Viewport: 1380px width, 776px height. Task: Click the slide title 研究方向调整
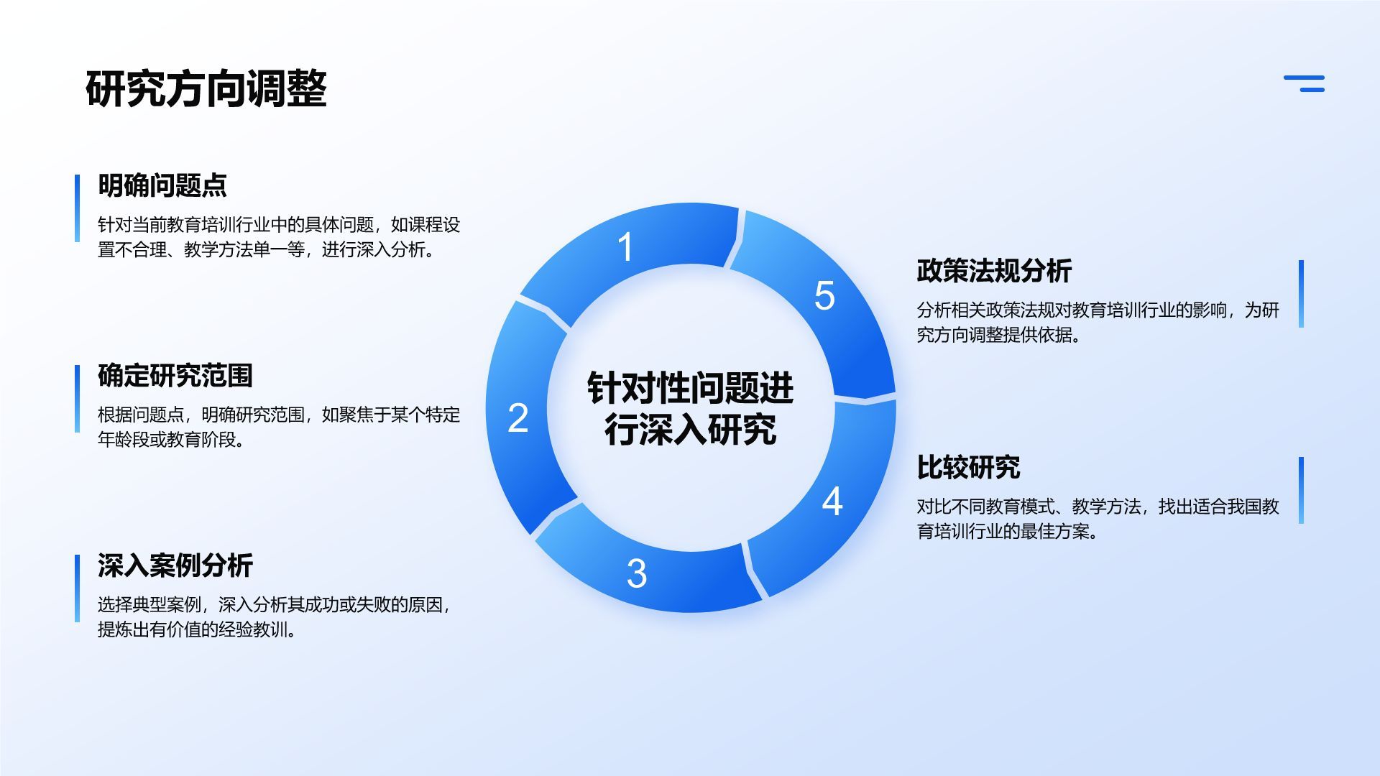point(206,89)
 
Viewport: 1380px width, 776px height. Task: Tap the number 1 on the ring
point(625,247)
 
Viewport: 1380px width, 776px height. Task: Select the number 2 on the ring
point(517,418)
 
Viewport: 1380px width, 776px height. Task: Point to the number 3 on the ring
point(636,573)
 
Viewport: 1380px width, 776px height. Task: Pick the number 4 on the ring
point(832,502)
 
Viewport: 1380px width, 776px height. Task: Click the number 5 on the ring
point(824,296)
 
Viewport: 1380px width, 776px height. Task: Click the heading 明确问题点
point(162,185)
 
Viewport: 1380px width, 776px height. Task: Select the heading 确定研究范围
point(175,376)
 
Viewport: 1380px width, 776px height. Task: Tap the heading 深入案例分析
point(175,565)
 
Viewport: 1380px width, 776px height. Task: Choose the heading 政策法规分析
point(994,271)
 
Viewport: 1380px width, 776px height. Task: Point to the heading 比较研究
point(968,468)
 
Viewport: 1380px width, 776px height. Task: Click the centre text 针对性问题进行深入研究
point(690,408)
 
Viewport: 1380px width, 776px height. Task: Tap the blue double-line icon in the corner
point(1305,83)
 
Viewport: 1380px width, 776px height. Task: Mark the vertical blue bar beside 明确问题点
point(78,208)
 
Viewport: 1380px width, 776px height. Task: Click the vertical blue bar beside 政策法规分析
point(1301,294)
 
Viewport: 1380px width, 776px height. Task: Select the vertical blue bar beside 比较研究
point(1301,490)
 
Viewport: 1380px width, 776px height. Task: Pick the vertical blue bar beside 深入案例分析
point(78,588)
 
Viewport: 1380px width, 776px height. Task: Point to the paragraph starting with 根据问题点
point(278,427)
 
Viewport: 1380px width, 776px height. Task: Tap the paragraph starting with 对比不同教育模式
point(1098,519)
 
